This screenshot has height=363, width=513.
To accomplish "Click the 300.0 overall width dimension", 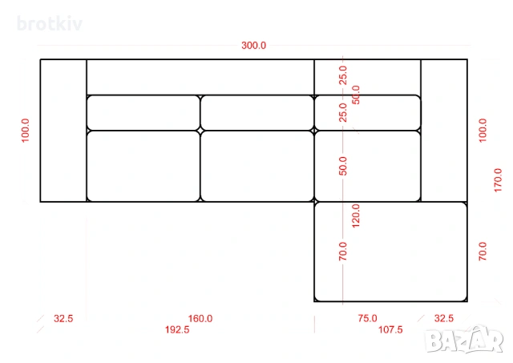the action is click(253, 46).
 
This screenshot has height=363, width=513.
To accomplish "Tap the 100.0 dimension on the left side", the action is click(25, 131).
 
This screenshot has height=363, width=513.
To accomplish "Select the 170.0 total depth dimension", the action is click(498, 180).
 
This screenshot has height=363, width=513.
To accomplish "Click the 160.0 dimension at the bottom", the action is click(200, 318).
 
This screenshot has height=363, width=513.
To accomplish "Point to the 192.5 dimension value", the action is click(177, 329).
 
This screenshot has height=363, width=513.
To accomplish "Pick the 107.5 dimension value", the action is click(390, 329).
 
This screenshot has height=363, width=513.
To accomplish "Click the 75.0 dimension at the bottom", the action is click(367, 318).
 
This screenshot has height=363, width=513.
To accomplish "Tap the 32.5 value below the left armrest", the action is click(63, 318).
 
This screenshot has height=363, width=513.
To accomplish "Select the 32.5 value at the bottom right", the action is click(444, 318).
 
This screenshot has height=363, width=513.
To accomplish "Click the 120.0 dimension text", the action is click(356, 216).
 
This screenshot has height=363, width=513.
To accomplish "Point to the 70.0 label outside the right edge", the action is click(483, 251).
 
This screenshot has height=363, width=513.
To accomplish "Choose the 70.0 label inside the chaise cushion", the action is click(342, 251).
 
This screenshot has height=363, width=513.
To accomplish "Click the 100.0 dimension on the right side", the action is click(483, 131).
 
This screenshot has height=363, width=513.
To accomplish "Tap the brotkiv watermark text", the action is click(50, 24).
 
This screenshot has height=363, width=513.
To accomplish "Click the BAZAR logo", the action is click(465, 340).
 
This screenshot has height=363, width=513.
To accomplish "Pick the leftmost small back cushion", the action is click(143, 113).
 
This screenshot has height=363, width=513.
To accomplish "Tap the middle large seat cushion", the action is click(257, 166).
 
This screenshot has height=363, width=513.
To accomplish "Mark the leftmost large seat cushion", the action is click(143, 166).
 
